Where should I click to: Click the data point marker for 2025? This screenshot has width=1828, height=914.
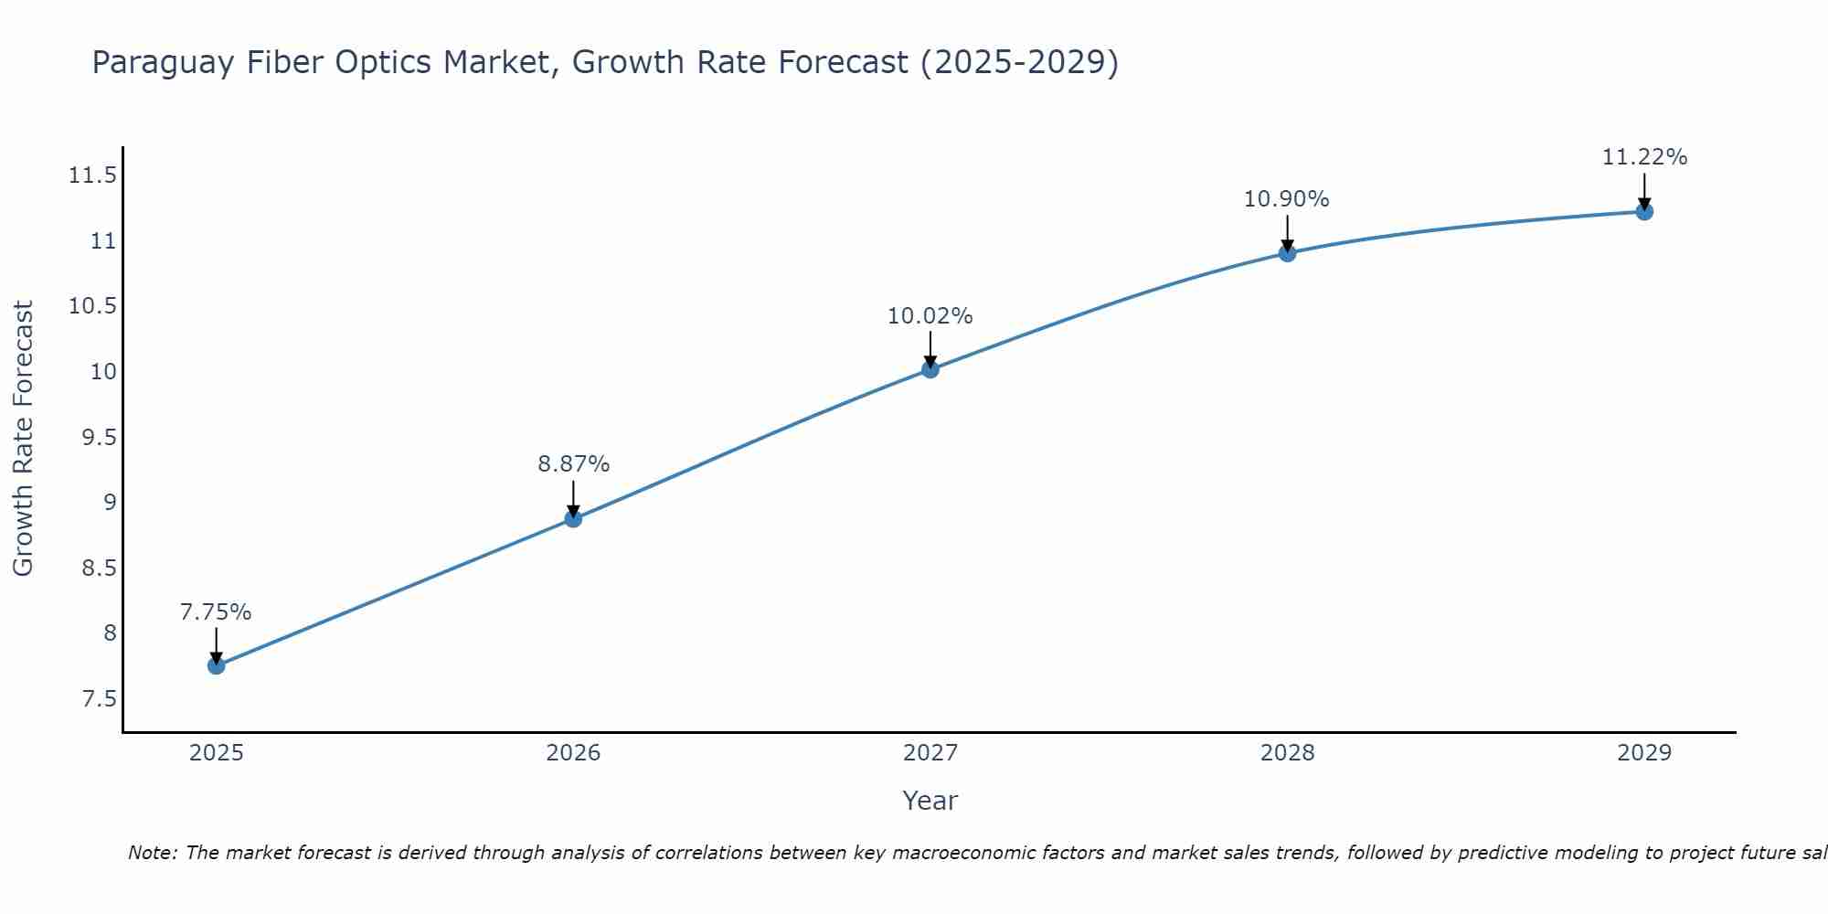click(x=217, y=665)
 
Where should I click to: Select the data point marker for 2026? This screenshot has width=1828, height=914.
click(x=573, y=518)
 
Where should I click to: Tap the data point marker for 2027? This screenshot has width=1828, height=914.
click(x=930, y=369)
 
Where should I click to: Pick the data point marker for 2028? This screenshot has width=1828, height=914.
click(x=1287, y=253)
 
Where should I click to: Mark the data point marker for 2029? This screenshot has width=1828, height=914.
click(x=1644, y=212)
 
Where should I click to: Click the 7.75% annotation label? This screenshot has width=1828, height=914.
click(x=216, y=612)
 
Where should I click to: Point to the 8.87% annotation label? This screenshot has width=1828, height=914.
click(x=573, y=464)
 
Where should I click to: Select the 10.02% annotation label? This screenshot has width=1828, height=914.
click(x=930, y=316)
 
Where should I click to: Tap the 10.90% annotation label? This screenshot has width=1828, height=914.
click(x=1287, y=199)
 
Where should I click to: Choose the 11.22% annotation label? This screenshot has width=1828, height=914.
click(x=1644, y=157)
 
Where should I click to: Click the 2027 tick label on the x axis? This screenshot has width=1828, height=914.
click(x=930, y=753)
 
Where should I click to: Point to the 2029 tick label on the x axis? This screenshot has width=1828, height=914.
click(x=1644, y=753)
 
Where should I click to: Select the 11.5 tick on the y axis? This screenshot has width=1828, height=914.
click(x=93, y=175)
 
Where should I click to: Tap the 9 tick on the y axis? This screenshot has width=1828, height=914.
click(x=110, y=502)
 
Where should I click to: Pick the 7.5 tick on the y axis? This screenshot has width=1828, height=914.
click(x=99, y=699)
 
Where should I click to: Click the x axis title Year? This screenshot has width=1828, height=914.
click(x=930, y=801)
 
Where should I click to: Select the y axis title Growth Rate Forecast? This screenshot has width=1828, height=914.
click(x=23, y=439)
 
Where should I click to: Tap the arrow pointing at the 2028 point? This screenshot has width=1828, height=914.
click(x=1287, y=233)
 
